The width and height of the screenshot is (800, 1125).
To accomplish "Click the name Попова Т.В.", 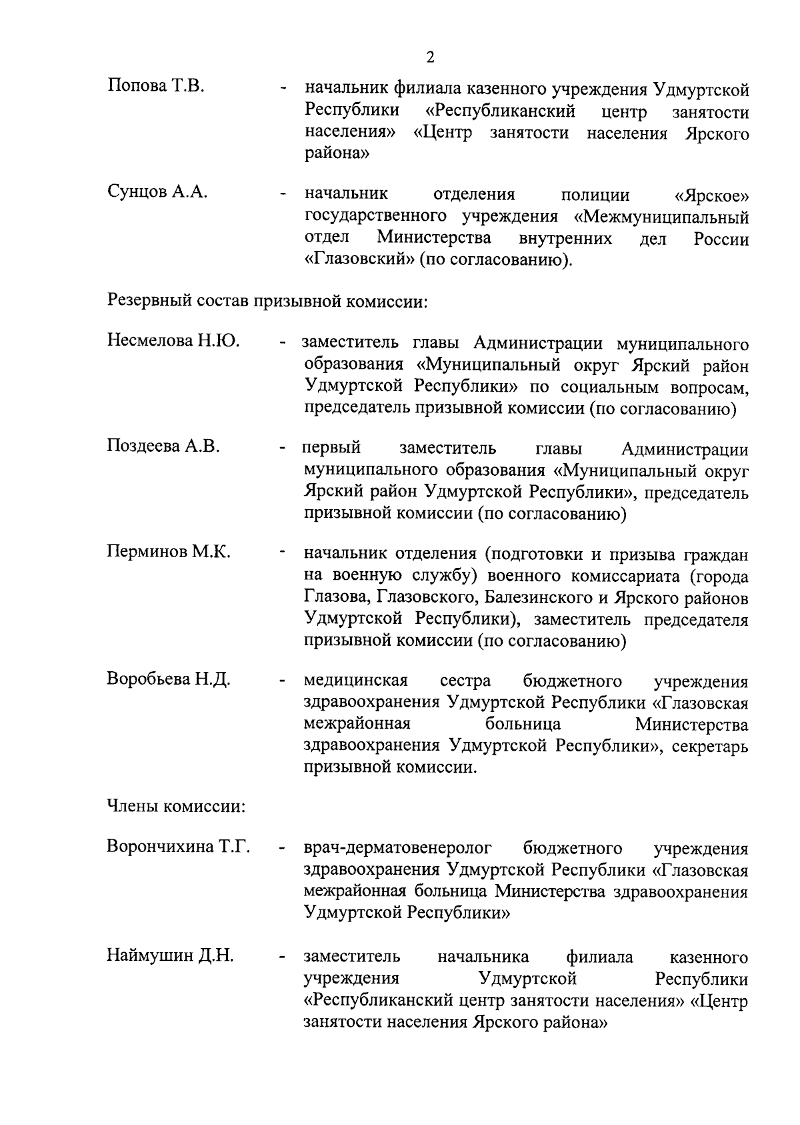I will point(155,86).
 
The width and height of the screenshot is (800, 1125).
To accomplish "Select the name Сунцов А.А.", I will point(157,192).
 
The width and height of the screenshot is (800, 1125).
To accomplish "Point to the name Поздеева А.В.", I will point(163,446).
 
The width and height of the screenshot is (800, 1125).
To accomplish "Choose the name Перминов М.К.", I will point(169,552).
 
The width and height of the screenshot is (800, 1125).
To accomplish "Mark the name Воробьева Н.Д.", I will point(169,679).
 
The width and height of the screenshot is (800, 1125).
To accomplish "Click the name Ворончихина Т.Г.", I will point(178,847).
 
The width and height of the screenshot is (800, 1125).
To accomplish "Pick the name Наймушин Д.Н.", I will point(170,956).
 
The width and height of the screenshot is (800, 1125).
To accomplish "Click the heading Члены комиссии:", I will point(176,807).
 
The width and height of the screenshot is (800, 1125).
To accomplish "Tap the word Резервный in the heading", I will point(149,302).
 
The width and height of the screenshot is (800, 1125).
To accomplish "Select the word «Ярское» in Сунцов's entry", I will point(711,196).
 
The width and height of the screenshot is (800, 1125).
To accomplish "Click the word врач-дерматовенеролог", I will point(397,848).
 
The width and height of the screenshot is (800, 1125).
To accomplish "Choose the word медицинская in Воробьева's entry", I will point(355,681).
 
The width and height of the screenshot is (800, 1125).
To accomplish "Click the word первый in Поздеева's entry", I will point(331,447).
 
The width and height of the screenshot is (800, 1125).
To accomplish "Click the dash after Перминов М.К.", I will point(283,553).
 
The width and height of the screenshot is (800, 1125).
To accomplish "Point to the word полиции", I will point(595,196).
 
